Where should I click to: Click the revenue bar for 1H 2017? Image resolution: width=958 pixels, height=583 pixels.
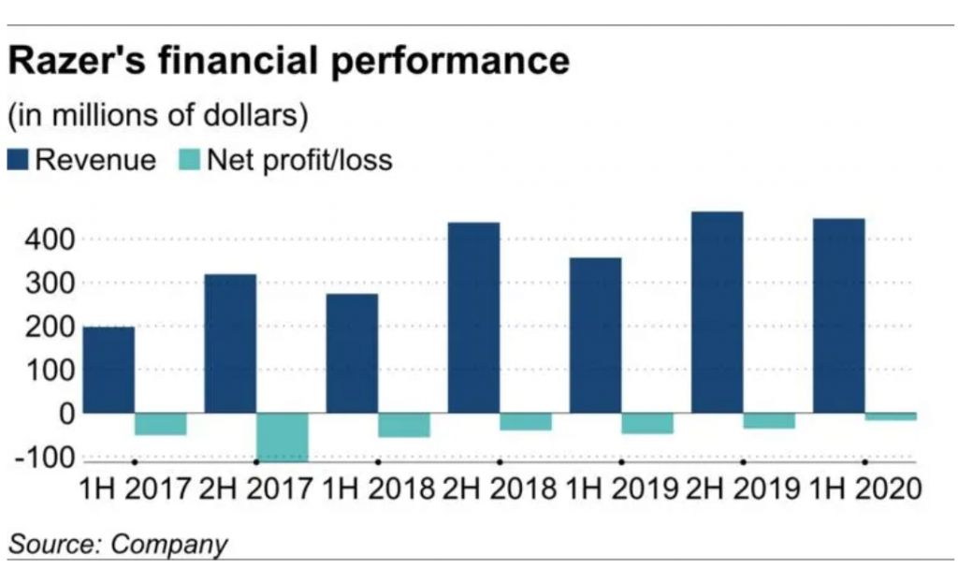click(109, 370)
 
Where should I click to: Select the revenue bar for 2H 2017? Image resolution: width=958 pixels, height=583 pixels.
click(230, 343)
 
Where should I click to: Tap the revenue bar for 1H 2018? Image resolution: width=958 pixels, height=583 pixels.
click(352, 354)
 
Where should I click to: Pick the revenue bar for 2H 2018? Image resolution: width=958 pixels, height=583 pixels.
click(473, 318)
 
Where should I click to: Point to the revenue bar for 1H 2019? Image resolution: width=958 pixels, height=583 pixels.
click(595, 335)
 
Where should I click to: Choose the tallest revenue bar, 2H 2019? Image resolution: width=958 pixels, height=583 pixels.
click(717, 313)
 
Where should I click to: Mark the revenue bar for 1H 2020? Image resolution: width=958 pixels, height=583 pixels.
click(838, 316)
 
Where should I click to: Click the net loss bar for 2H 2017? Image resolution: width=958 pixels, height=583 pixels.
click(283, 437)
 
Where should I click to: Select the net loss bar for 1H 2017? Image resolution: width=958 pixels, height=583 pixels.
click(161, 424)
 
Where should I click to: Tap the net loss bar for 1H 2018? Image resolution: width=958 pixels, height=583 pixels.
click(404, 425)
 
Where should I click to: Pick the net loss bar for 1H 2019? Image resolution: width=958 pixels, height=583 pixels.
click(647, 423)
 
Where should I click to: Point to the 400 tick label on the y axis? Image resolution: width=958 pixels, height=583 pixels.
click(44, 240)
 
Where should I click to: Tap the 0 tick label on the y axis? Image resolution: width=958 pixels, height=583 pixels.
click(65, 414)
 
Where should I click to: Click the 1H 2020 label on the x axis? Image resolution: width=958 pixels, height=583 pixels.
click(861, 489)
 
